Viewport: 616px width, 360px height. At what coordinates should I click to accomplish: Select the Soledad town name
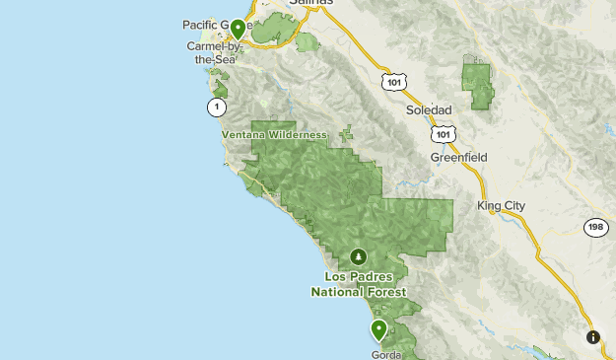[x=429, y=109]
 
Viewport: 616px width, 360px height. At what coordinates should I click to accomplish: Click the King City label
[x=502, y=206]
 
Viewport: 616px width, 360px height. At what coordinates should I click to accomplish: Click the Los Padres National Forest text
[x=358, y=284]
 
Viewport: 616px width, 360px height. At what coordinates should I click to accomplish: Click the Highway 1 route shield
[x=215, y=107]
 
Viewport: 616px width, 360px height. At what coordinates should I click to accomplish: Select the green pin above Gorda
[x=378, y=329]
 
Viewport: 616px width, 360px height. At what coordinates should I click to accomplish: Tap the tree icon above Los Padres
[x=358, y=256]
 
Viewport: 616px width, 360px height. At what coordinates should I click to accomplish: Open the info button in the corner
[x=593, y=337]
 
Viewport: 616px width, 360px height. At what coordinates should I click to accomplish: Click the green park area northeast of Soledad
[x=479, y=85]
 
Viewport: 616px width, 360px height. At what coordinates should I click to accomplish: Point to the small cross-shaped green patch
[x=346, y=131]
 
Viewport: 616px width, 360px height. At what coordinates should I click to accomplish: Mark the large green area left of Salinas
[x=270, y=30]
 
